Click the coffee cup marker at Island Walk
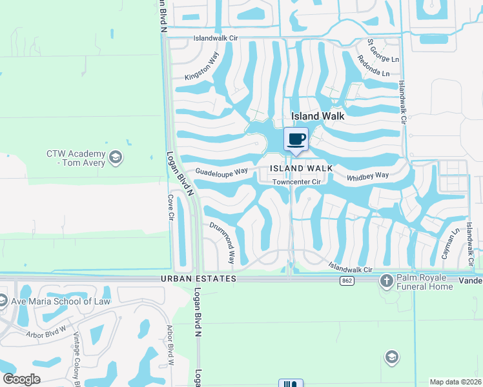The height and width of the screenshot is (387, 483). [x=296, y=139]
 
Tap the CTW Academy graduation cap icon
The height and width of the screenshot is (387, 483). [x=116, y=157]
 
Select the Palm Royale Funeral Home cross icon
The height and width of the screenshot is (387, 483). [x=386, y=281]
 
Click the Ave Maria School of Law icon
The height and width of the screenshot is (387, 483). [x=3, y=301]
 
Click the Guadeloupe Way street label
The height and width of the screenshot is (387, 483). [x=222, y=172]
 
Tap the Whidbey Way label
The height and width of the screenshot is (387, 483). [x=368, y=175]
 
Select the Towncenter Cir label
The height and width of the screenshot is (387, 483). [x=296, y=182]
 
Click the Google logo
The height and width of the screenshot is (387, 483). [x=21, y=379]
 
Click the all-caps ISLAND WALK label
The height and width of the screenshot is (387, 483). [x=301, y=168]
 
